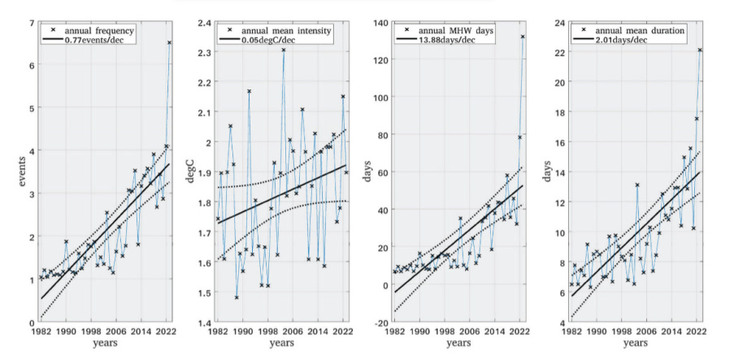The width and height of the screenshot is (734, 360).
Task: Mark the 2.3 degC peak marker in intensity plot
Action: (x=283, y=50)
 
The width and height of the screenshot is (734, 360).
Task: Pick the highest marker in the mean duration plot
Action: (x=699, y=50)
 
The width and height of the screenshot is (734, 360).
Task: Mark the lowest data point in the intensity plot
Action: (x=237, y=297)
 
